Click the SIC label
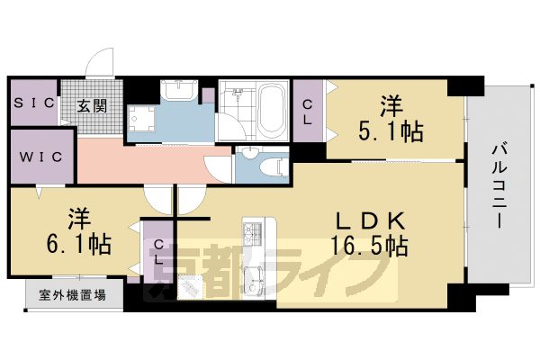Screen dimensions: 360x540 click(x=33, y=104)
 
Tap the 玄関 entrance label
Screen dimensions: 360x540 click(x=91, y=105)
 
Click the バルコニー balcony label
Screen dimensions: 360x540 click(x=496, y=189)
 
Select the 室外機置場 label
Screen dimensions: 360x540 click(x=60, y=294)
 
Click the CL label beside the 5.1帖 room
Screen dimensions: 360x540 click(x=307, y=112)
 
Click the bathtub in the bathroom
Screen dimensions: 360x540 click(x=271, y=112)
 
